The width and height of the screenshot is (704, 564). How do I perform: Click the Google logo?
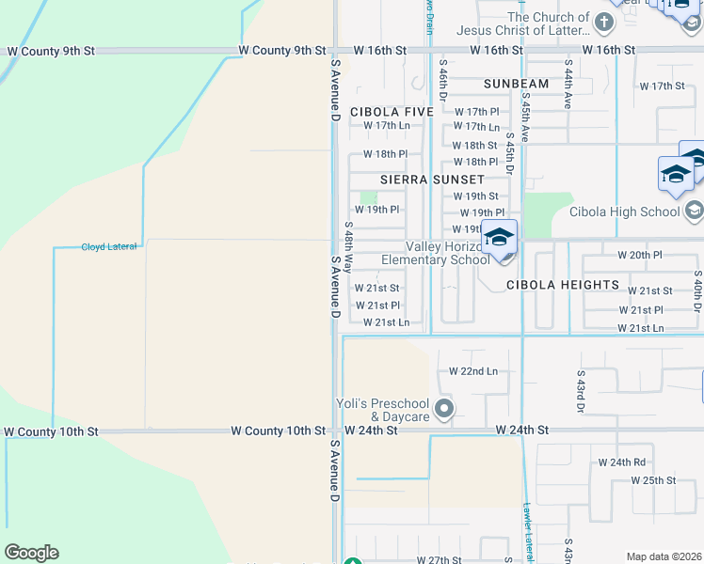tap(31, 553)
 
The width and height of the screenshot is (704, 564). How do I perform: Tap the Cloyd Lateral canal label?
tap(109, 246)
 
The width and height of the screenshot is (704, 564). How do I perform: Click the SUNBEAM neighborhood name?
tap(516, 85)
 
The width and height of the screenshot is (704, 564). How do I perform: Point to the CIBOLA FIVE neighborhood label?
tap(392, 112)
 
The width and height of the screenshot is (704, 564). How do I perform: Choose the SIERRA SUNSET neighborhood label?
tap(432, 179)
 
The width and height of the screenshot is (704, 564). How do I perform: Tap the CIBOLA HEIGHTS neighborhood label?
tap(563, 285)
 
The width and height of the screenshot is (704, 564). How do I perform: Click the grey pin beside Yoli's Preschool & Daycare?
tap(446, 409)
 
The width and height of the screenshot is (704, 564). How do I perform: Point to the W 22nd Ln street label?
tap(473, 371)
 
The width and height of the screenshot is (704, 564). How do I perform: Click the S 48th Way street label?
tap(348, 247)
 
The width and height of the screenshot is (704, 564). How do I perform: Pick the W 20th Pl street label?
tap(640, 256)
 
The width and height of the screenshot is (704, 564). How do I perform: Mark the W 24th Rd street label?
tap(622, 462)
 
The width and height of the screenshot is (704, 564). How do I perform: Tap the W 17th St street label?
tap(662, 86)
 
